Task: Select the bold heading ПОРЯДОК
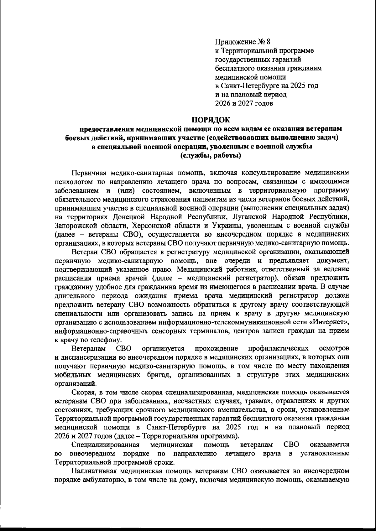click(211, 119)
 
